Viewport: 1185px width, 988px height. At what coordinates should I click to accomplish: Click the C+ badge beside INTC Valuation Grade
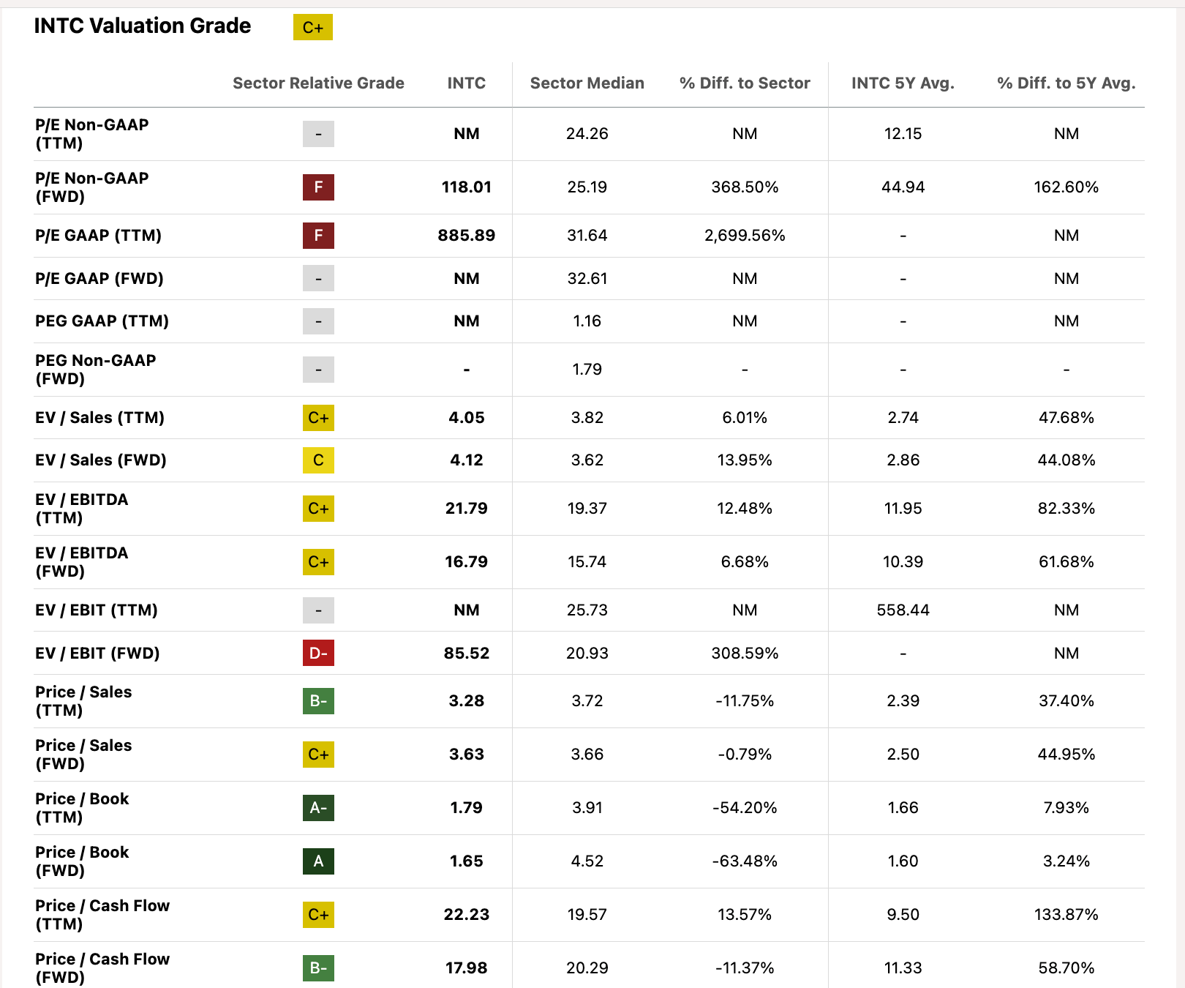[312, 27]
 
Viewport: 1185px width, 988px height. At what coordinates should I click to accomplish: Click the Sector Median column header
[587, 83]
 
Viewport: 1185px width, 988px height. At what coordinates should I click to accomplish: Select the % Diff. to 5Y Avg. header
[1066, 83]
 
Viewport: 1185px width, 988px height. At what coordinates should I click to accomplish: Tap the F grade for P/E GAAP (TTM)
[318, 236]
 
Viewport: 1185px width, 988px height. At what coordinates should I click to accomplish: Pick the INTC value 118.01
[466, 187]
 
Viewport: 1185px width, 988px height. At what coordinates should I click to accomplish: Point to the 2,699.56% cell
[744, 236]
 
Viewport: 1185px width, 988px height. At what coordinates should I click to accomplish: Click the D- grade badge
[318, 653]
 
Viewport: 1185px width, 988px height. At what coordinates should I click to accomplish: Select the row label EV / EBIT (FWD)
[97, 653]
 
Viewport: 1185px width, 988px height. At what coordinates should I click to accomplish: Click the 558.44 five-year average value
[903, 610]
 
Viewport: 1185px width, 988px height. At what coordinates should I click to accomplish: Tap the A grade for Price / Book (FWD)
[318, 861]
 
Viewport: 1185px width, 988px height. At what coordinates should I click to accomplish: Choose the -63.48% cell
[744, 861]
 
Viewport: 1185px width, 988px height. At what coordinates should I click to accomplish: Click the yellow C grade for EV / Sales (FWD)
[318, 460]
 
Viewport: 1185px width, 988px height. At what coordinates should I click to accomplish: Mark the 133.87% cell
[1066, 915]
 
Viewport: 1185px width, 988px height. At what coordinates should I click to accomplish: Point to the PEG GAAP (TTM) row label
[102, 321]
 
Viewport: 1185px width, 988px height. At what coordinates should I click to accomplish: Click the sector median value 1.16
[587, 321]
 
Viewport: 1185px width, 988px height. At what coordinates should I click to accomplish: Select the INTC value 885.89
[466, 236]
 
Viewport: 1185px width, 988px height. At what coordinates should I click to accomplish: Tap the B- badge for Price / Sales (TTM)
[318, 701]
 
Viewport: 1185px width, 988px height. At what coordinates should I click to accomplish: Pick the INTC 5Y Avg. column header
[903, 83]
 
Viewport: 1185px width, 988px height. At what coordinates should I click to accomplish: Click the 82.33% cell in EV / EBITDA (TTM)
[1066, 509]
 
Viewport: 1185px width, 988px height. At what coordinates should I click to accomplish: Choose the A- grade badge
[318, 808]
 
